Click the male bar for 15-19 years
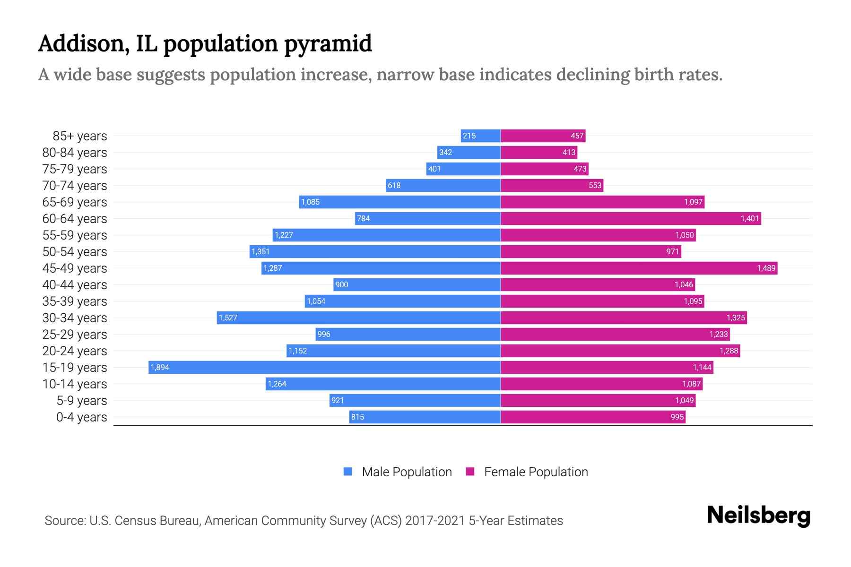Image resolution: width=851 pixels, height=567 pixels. [324, 367]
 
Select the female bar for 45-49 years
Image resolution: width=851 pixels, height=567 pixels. [639, 268]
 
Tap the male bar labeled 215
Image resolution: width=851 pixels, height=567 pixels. [480, 136]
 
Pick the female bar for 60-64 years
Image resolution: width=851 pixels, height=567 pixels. [631, 218]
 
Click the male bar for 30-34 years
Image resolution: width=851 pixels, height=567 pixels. [358, 318]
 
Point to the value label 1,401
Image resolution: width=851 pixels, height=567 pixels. [750, 218]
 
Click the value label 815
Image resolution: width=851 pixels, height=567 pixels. [357, 417]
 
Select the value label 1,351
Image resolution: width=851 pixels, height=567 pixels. [261, 251]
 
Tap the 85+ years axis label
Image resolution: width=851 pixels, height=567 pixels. [80, 136]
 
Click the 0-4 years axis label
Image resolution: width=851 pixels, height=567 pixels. [82, 417]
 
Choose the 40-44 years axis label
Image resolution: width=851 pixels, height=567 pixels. [75, 285]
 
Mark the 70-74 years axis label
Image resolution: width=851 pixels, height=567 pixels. [75, 186]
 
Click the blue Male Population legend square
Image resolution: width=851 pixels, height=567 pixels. [348, 472]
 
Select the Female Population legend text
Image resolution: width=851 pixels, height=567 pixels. [536, 472]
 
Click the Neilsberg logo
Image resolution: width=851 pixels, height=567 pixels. [758, 515]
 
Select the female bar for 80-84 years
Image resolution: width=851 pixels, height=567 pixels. [539, 152]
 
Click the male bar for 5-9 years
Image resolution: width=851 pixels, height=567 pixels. [415, 400]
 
